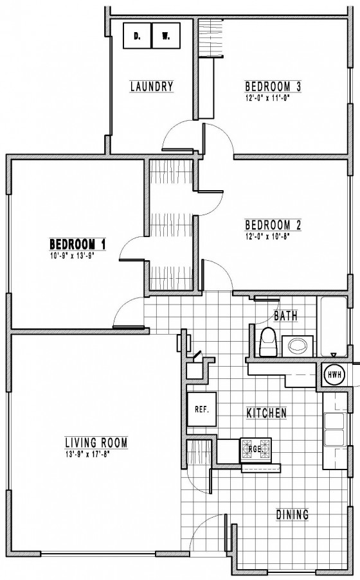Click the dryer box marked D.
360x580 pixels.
(137, 35)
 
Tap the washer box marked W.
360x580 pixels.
(166, 35)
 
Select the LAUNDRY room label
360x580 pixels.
(152, 87)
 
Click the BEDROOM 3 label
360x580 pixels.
(273, 87)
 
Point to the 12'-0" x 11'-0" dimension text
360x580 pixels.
(267, 98)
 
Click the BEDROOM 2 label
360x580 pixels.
(273, 225)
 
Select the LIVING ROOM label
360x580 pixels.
(96, 443)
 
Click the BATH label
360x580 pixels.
(285, 316)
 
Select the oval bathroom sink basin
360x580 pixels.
(298, 346)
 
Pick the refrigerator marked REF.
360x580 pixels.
(202, 410)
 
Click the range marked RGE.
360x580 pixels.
(256, 450)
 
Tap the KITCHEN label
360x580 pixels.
(267, 413)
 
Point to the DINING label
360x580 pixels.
(292, 514)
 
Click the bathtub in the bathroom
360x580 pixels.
(332, 326)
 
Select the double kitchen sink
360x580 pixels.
(334, 430)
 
